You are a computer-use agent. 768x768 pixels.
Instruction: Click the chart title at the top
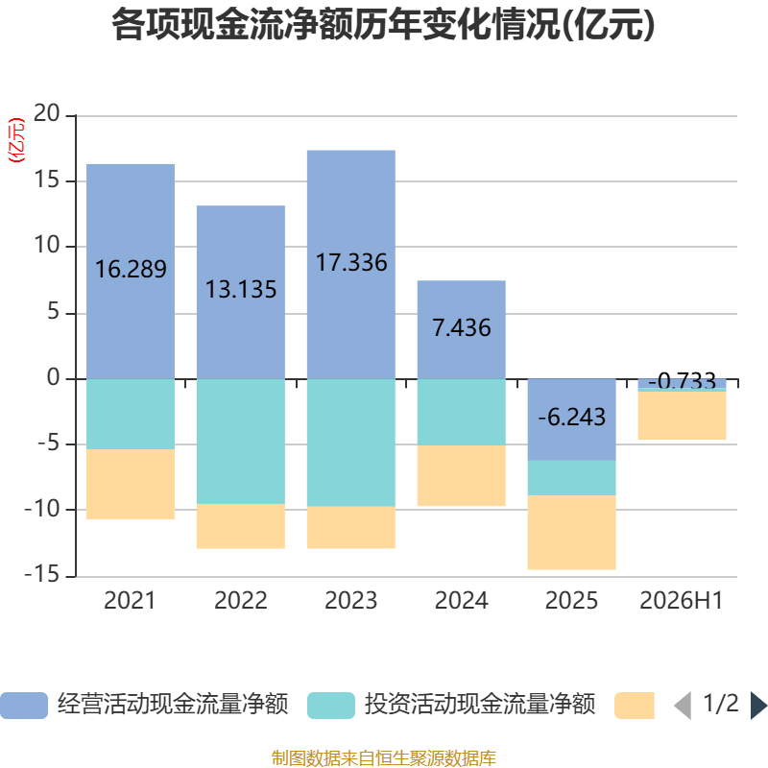click(x=383, y=25)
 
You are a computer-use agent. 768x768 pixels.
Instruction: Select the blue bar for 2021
click(x=131, y=272)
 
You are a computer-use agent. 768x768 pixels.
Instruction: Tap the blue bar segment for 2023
click(x=351, y=265)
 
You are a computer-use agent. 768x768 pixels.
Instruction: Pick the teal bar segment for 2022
click(x=241, y=442)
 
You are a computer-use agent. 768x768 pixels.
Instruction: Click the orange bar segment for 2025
click(x=571, y=533)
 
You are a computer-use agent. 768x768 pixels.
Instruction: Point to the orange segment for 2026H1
click(x=682, y=416)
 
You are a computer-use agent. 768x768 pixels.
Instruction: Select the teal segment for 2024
click(x=462, y=412)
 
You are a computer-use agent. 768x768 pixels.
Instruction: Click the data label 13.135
click(x=241, y=289)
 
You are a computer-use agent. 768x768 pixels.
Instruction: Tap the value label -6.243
click(x=571, y=418)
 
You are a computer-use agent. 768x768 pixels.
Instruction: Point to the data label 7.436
click(x=462, y=327)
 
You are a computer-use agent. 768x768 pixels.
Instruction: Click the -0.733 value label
click(x=682, y=380)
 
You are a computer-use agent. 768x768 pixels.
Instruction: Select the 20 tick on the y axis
click(x=46, y=113)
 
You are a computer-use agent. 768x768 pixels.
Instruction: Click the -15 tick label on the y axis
click(x=42, y=574)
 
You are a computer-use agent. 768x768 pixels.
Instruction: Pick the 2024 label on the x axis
click(x=462, y=601)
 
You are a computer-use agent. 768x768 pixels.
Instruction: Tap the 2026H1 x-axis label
click(x=682, y=601)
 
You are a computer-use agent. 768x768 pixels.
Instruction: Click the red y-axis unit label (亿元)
click(x=16, y=140)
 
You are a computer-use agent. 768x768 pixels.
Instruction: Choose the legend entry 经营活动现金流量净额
click(x=145, y=705)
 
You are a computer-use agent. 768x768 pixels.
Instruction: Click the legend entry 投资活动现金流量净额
click(x=451, y=705)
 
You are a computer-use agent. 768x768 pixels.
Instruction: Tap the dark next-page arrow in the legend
click(x=759, y=706)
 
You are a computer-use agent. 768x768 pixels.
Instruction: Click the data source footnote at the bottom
click(x=384, y=757)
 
